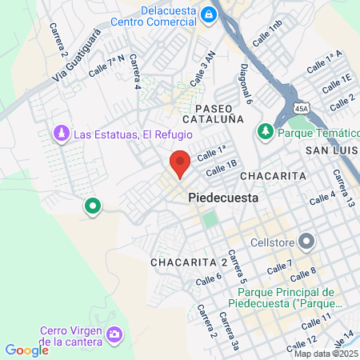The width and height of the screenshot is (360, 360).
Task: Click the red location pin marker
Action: coord(180,163)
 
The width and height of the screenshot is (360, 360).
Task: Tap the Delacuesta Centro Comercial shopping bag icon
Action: coord(208,14)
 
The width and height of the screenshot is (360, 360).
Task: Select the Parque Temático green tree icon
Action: coord(264,130)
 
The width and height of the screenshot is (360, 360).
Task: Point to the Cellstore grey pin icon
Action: coord(306,241)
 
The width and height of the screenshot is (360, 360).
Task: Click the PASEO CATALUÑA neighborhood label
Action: coord(214,113)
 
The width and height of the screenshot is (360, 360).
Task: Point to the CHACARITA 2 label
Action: coord(189,262)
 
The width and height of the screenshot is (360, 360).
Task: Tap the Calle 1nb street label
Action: coord(267,36)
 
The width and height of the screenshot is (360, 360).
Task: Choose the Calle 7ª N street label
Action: coord(108,65)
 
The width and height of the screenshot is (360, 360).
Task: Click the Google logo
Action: coord(26,350)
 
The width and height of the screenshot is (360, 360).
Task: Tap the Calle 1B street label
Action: coord(222,168)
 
